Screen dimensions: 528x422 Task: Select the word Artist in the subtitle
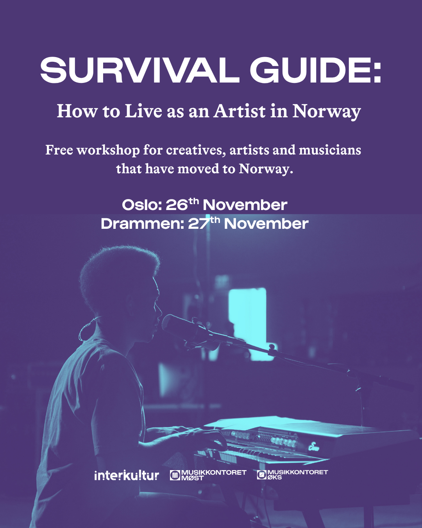pyautogui.click(x=240, y=111)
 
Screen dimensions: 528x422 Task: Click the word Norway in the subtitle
pyautogui.click(x=327, y=112)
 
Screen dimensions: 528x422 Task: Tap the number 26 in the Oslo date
pyautogui.click(x=177, y=205)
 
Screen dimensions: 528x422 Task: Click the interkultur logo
pyautogui.click(x=126, y=476)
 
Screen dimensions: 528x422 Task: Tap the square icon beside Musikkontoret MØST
pyautogui.click(x=175, y=475)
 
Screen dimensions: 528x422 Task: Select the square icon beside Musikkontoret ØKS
pyautogui.click(x=262, y=475)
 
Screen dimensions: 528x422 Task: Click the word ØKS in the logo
pyautogui.click(x=275, y=478)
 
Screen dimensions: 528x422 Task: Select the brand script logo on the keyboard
pyautogui.click(x=313, y=446)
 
